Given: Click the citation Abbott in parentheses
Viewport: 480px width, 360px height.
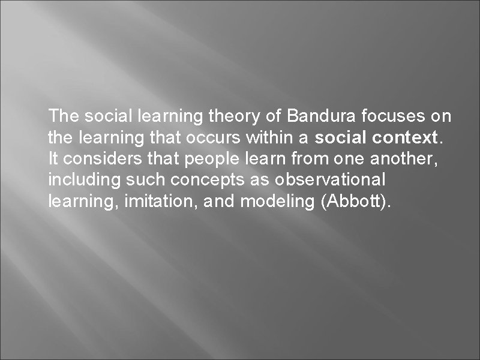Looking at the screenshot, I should pyautogui.click(x=354, y=201).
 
